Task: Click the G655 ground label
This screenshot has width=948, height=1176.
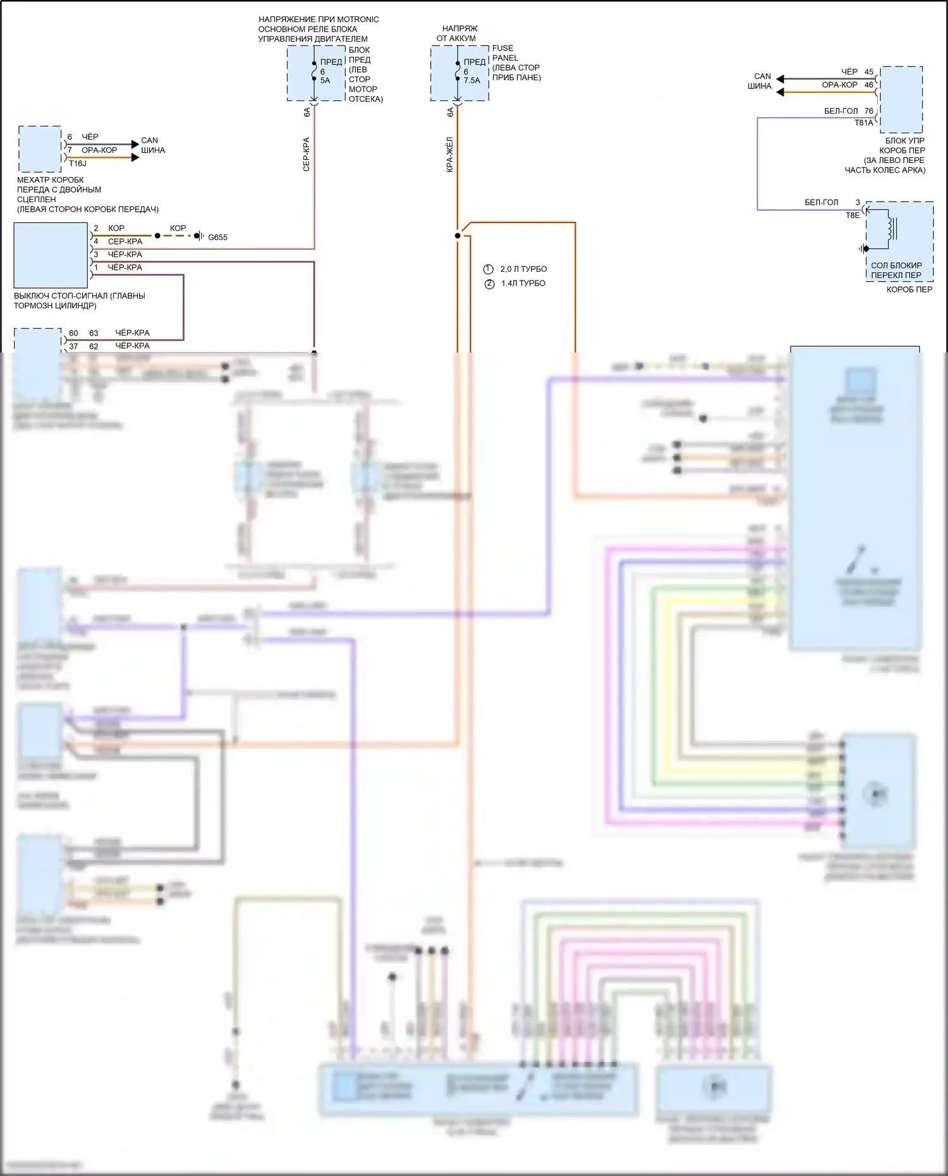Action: tap(217, 238)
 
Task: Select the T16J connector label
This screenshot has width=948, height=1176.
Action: tap(78, 164)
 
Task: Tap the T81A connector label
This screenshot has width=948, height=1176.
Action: tap(863, 123)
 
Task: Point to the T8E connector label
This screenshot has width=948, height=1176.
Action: tap(853, 215)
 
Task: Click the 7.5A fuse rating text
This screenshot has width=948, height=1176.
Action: tap(472, 81)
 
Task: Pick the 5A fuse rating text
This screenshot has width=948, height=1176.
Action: tap(325, 81)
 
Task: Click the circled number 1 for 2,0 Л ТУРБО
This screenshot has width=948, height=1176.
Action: tap(488, 269)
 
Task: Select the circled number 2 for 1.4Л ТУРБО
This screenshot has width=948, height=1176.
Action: tap(489, 284)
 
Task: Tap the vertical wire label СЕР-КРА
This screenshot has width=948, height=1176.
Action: tap(307, 154)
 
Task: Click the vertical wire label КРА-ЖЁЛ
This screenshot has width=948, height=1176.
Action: tap(450, 154)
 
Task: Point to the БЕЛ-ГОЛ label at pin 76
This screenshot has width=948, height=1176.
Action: tap(841, 111)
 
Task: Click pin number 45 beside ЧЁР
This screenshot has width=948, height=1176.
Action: tap(869, 72)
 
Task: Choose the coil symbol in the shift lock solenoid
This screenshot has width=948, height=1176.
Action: tap(891, 229)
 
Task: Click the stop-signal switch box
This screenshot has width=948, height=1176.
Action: tap(51, 255)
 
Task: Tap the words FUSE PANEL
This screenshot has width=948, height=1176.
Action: tap(505, 53)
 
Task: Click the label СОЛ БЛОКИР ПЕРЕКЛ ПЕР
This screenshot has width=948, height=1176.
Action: tap(896, 270)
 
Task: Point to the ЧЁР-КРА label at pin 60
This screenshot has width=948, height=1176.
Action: tap(133, 333)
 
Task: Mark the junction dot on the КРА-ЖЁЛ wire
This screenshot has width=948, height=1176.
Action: tap(458, 236)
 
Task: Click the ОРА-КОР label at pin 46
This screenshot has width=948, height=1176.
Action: tap(839, 85)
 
